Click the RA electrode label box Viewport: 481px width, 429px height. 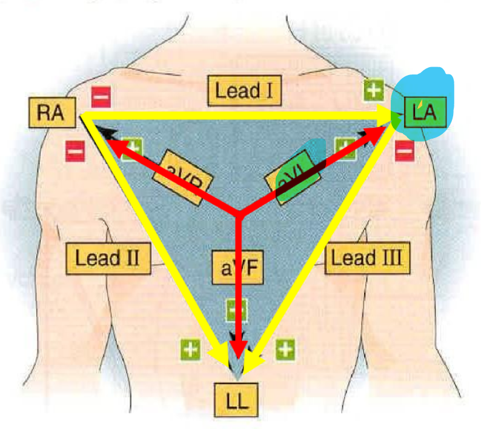coord(50,113)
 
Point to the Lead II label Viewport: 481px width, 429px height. coord(107,258)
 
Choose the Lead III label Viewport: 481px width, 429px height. coord(367,258)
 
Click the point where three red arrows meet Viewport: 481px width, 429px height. coord(239,213)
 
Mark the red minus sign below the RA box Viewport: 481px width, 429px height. coord(75,151)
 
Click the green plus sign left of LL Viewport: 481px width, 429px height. coord(190,349)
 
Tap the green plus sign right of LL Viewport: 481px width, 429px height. coord(285,349)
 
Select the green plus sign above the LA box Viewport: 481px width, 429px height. coord(373,91)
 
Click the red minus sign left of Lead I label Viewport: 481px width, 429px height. coord(101,96)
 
